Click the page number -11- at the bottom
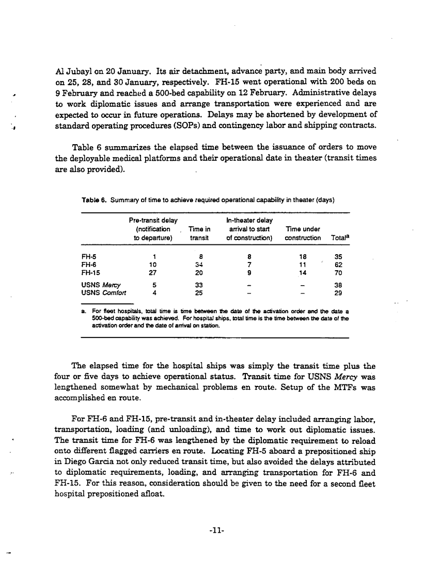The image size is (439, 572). tap(219, 530)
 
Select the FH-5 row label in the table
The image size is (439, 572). tap(88, 255)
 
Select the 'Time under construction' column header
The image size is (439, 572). tap(303, 234)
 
